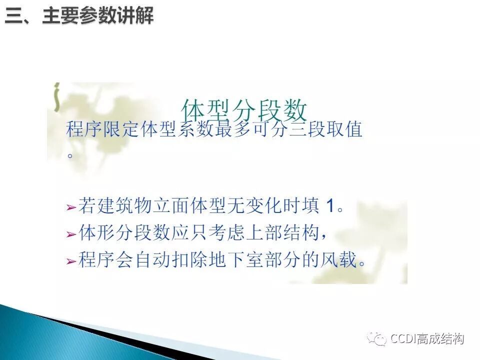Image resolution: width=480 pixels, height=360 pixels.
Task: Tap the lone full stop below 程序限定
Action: click(70, 155)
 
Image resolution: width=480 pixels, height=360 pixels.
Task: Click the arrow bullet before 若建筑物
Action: click(71, 207)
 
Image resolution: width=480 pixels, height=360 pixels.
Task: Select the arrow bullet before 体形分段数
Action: click(71, 234)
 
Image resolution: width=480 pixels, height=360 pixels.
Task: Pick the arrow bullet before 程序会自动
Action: click(71, 260)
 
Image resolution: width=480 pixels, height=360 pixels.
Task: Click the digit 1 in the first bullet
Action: click(329, 206)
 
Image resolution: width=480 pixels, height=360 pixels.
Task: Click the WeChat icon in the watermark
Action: click(377, 339)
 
